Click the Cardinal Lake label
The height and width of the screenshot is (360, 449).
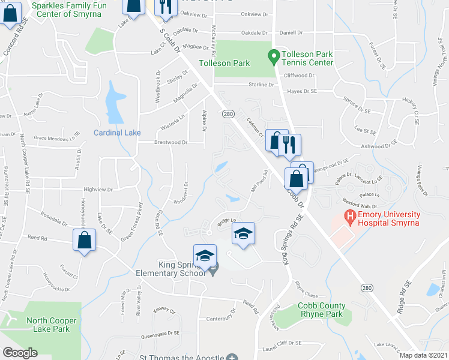coord(116,133)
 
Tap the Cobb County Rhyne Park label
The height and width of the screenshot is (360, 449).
coord(321,310)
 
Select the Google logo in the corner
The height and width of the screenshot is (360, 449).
coord(20,353)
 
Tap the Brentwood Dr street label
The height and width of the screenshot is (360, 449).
coord(172,143)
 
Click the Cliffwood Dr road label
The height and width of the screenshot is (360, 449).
coord(299,76)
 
